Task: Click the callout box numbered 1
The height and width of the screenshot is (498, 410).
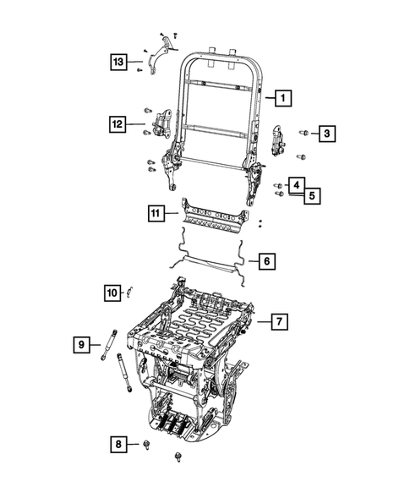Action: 282,98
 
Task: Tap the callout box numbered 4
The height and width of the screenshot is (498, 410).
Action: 296,183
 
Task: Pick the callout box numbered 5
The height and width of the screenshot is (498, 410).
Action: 311,195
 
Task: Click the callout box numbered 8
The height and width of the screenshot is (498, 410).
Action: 119,443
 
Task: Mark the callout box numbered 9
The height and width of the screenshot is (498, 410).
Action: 82,344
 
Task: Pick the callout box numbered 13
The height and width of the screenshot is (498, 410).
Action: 119,61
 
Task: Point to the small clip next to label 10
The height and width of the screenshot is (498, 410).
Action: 131,293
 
